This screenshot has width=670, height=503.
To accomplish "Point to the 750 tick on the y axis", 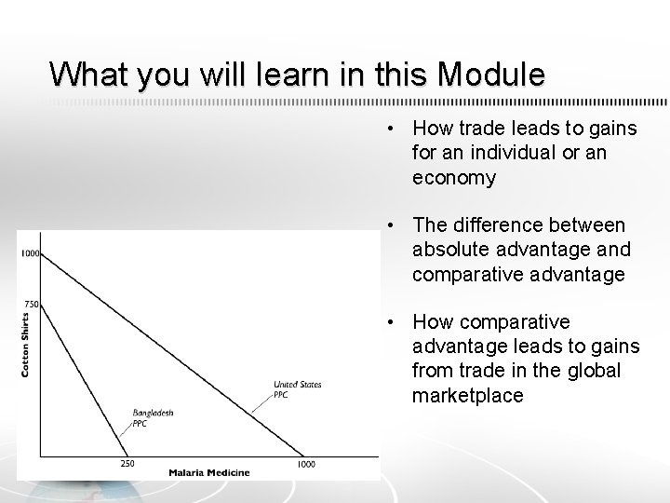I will tap(31, 304).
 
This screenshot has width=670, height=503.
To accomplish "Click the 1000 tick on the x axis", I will tap(305, 464).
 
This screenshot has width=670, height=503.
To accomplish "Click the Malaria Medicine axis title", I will tap(209, 472).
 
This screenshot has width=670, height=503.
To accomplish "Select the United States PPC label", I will tap(297, 389).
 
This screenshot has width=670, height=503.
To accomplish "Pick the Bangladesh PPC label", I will tap(152, 418).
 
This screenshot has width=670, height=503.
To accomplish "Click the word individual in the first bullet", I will tap(517, 153).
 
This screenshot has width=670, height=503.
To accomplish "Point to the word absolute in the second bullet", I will tap(448, 250).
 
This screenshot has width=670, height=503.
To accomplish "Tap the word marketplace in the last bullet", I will tap(468, 395).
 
